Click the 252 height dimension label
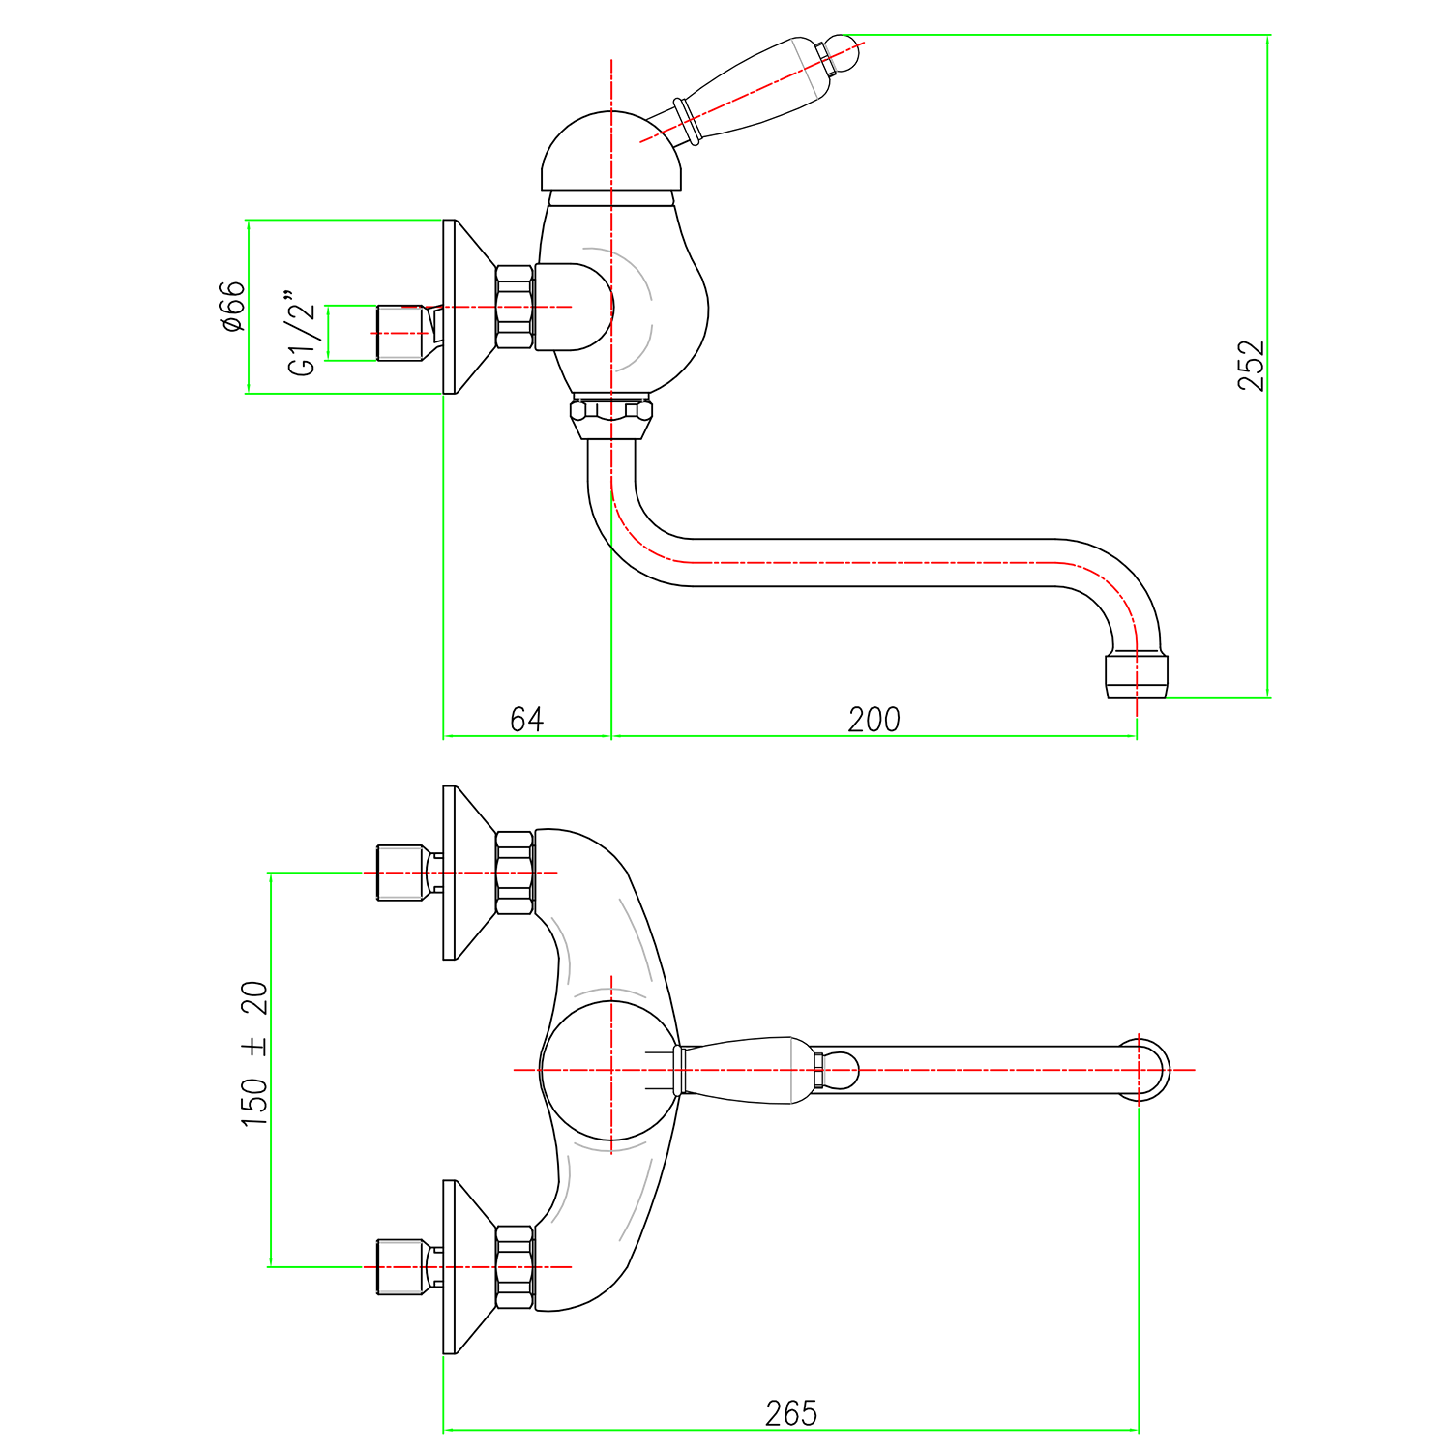point(1250,365)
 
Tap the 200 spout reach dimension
point(874,720)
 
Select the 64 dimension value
point(526,720)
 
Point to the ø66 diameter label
point(233,307)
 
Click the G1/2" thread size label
point(302,332)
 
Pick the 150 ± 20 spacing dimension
point(254,1053)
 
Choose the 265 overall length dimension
point(790,1413)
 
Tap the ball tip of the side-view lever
point(843,51)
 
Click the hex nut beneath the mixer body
point(610,417)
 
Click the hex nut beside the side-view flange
point(515,307)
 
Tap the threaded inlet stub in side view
point(400,333)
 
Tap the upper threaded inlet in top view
point(400,873)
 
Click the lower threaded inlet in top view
point(400,1266)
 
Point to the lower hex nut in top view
point(515,1266)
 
